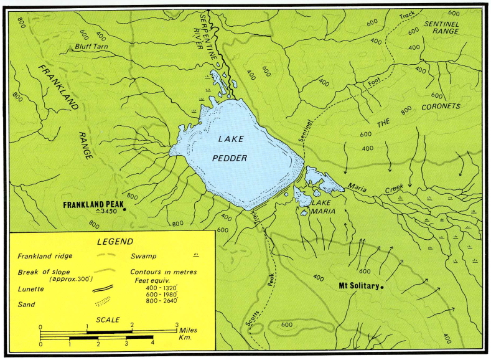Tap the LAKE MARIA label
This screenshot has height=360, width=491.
(x=324, y=206)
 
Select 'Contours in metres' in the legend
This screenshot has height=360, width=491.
(x=162, y=272)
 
